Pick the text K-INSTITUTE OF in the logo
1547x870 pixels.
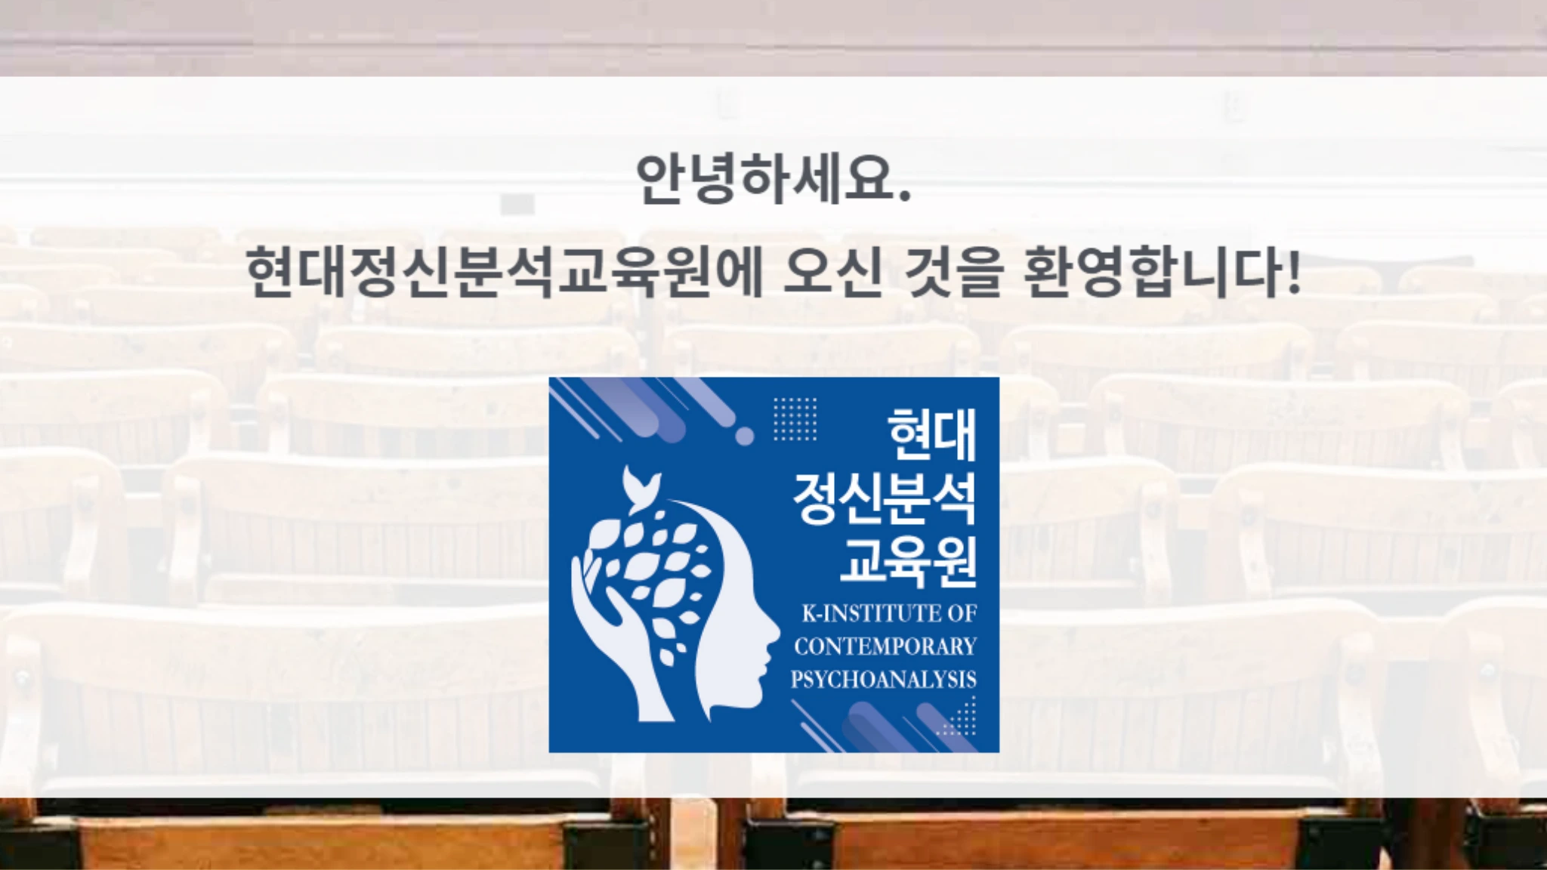click(x=889, y=613)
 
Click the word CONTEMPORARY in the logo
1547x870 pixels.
click(x=885, y=646)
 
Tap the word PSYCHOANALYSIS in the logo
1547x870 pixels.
click(x=884, y=680)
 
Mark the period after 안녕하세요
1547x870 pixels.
click(x=906, y=199)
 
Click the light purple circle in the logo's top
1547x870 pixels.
click(x=745, y=436)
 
